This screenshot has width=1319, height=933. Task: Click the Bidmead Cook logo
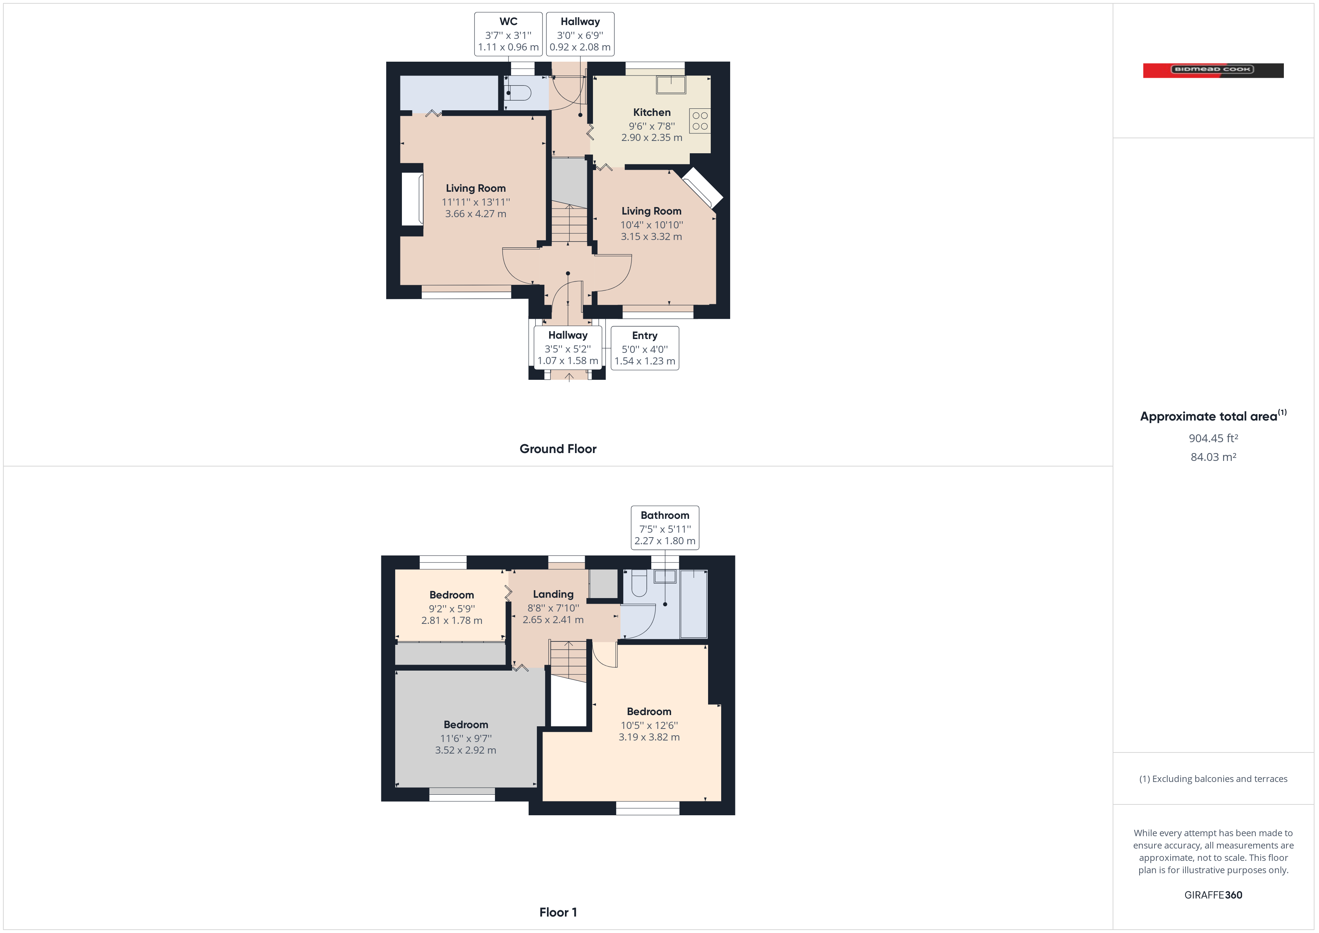click(x=1213, y=70)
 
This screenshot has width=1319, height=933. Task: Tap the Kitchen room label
click(x=651, y=113)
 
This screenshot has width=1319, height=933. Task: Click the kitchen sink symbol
click(x=671, y=84)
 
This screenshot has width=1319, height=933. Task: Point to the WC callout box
click(x=508, y=34)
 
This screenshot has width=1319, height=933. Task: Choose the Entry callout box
click(x=645, y=348)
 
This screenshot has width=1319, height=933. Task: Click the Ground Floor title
click(x=558, y=449)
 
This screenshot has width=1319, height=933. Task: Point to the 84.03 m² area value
click(x=1213, y=457)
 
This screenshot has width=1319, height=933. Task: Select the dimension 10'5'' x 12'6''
click(x=649, y=726)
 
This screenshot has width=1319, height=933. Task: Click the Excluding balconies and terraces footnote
click(x=1213, y=779)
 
